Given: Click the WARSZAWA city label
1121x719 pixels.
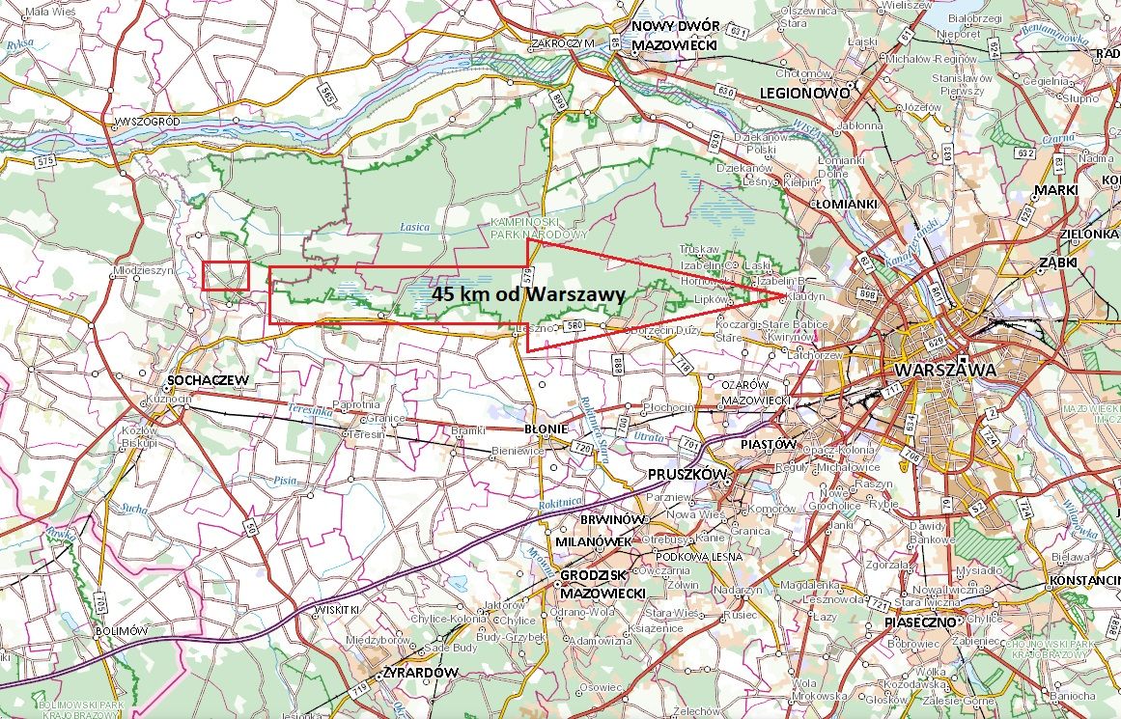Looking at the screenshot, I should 944,371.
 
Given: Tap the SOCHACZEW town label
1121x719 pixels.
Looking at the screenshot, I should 209,380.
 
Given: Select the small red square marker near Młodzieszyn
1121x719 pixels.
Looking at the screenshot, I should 226,276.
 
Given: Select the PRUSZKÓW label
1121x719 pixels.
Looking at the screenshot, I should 686,476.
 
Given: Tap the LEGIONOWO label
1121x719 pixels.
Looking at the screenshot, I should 804,94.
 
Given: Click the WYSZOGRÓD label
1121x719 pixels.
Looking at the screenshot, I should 147,122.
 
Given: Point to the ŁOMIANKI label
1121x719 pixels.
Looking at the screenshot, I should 845,205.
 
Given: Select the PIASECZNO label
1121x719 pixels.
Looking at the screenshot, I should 918,622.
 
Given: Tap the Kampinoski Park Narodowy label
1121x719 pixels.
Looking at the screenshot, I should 551,228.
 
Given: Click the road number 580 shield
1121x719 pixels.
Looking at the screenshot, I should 575,324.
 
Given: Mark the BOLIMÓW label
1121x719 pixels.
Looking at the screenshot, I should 122,630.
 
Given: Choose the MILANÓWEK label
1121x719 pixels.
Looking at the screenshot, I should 593,541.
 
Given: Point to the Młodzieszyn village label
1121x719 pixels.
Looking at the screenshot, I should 144,271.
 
